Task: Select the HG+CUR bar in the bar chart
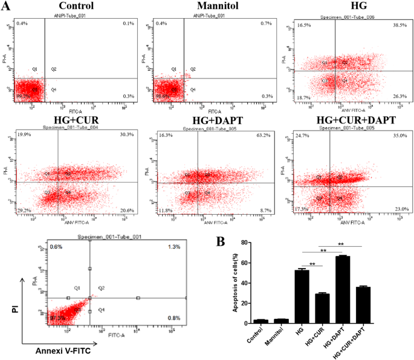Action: click(x=320, y=308)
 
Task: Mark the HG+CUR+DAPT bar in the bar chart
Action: click(x=363, y=304)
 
